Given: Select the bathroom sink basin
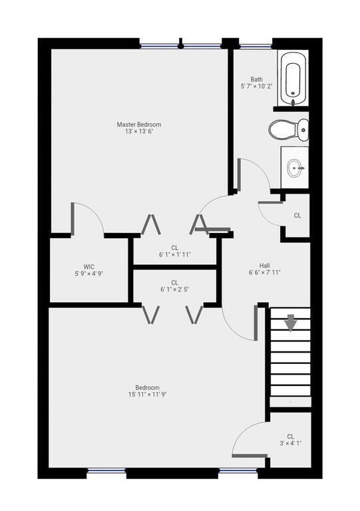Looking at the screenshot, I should pyautogui.click(x=295, y=168).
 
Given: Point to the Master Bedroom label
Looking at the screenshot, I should pyautogui.click(x=138, y=124).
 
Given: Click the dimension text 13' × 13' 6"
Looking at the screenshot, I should pyautogui.click(x=138, y=132).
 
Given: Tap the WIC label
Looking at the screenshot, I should pyautogui.click(x=89, y=265).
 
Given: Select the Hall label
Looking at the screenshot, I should pyautogui.click(x=264, y=263).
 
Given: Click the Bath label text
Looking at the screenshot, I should pyautogui.click(x=256, y=79).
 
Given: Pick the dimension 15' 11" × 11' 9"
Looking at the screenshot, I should pyautogui.click(x=147, y=395).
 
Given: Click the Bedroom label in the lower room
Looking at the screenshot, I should pyautogui.click(x=147, y=387).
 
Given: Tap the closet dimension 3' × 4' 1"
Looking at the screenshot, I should pyautogui.click(x=290, y=442).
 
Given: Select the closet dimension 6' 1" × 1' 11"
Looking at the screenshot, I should pyautogui.click(x=174, y=255).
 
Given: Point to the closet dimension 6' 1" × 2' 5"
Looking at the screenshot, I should pyautogui.click(x=174, y=290).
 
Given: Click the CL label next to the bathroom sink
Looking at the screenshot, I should pyautogui.click(x=297, y=216).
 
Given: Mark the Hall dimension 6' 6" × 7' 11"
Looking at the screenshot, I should pyautogui.click(x=264, y=271).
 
